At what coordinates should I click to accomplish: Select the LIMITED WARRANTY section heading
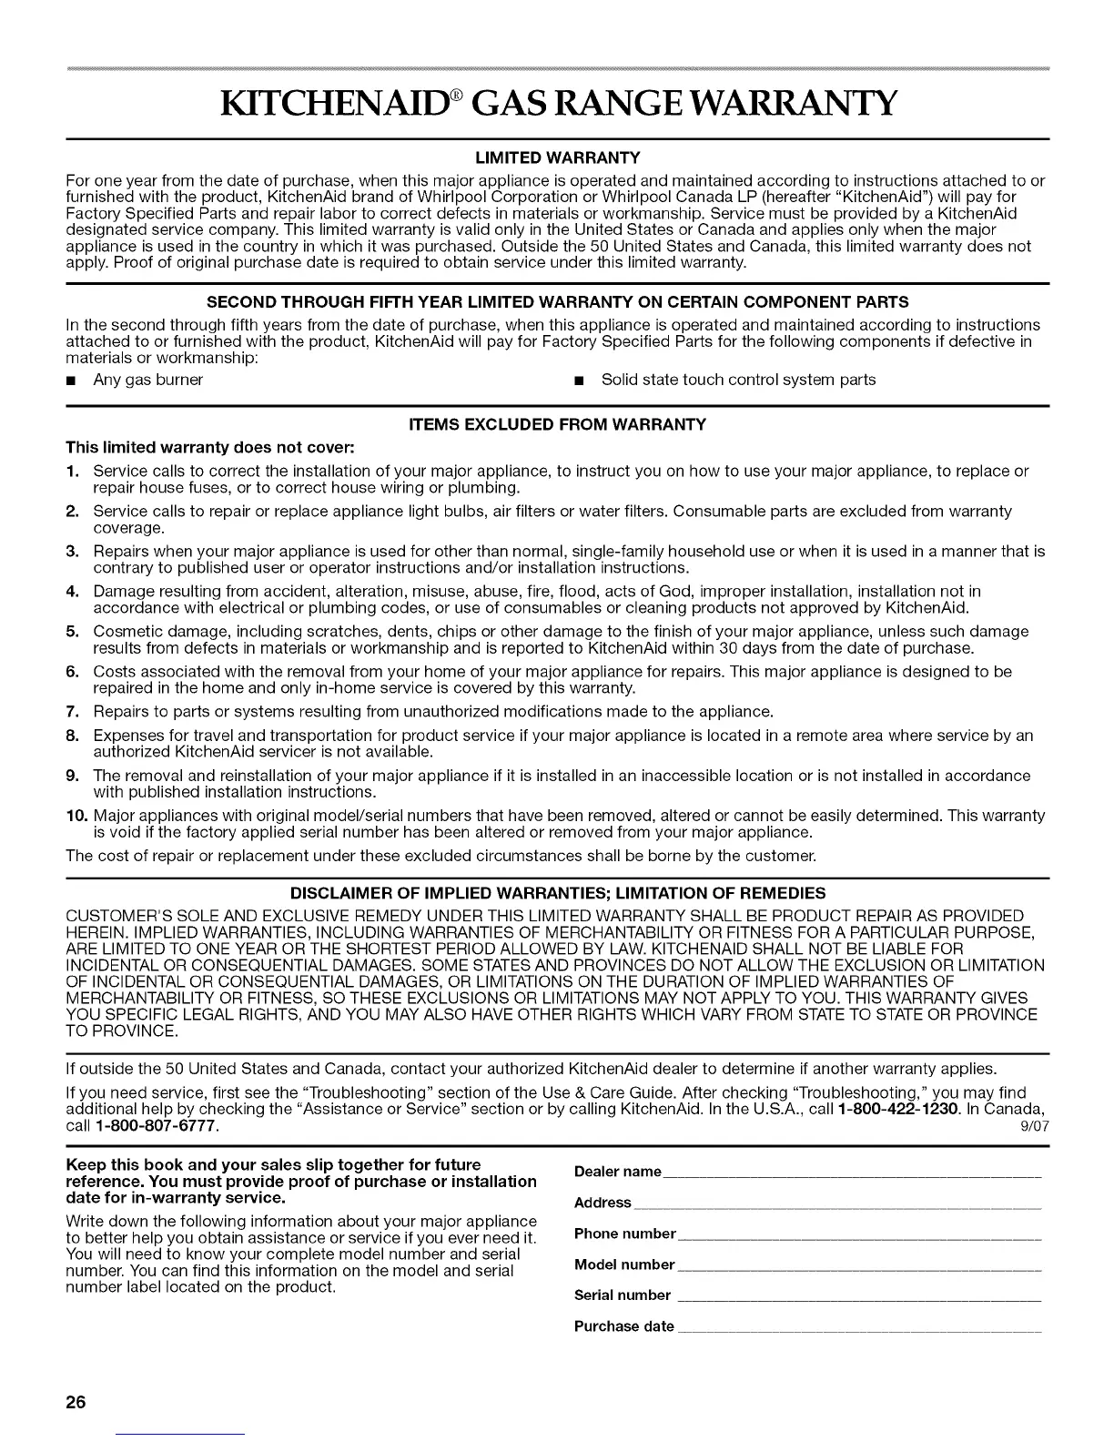[557, 157]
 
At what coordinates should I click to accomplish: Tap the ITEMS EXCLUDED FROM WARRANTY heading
[557, 424]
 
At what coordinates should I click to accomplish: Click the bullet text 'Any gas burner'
[147, 379]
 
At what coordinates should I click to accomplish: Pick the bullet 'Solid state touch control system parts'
[738, 379]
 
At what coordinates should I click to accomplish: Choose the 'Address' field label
[603, 1203]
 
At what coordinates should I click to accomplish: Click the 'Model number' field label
[624, 1264]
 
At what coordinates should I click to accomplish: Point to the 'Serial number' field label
[623, 1295]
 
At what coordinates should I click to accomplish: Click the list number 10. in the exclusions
[76, 815]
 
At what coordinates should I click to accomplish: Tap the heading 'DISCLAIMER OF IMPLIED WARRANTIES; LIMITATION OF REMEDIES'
[557, 892]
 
